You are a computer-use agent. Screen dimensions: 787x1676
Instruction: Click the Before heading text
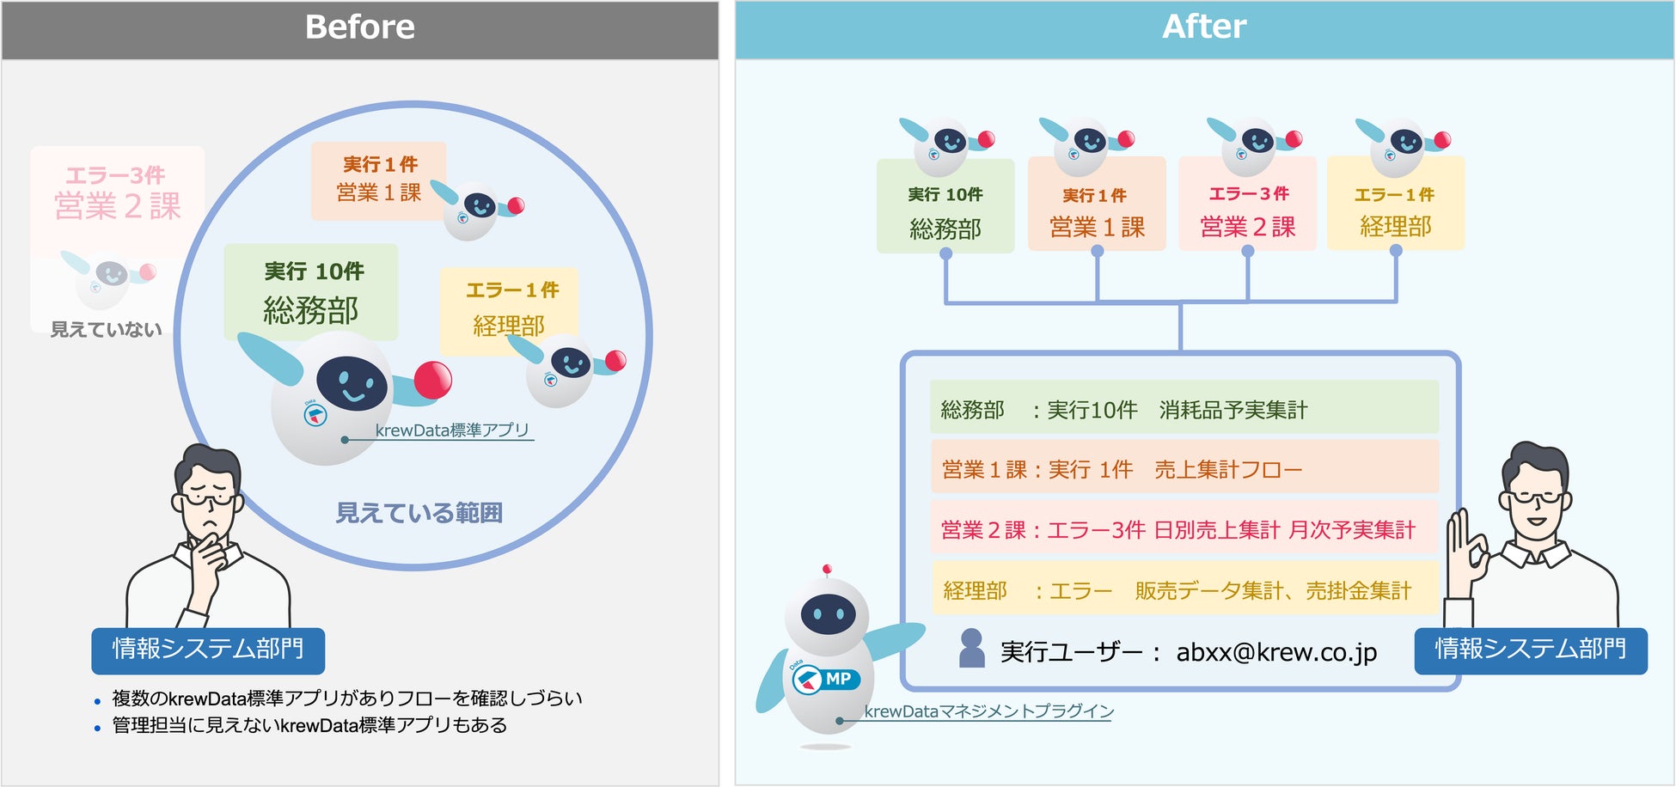coord(359,27)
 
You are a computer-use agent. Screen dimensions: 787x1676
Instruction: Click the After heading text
coord(1203,27)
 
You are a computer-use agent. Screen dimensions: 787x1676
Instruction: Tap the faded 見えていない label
coord(106,330)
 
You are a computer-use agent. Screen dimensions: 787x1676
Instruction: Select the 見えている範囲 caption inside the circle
coord(419,513)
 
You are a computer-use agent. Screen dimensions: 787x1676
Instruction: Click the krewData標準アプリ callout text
coord(452,430)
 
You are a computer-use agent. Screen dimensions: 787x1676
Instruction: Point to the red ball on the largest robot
coord(432,380)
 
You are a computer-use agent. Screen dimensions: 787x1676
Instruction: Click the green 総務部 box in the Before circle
coord(310,292)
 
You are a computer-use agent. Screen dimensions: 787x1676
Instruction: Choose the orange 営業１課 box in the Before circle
coord(378,180)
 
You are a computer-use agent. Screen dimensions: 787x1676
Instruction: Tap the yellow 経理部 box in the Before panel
coord(509,309)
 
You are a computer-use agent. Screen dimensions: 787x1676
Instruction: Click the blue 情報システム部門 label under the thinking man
coord(208,650)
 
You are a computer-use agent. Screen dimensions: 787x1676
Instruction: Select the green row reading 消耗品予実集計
coord(1184,409)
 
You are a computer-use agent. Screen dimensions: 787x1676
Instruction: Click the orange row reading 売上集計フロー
coord(1184,469)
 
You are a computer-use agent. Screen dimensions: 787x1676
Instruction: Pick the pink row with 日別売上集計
coord(1184,529)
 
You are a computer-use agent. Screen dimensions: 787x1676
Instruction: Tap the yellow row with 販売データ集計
coord(1184,590)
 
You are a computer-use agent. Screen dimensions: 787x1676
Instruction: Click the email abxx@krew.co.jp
coord(1276,652)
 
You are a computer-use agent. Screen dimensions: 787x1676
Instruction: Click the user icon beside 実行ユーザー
coord(971,649)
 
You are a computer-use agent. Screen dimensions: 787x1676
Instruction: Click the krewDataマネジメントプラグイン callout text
coord(988,711)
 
